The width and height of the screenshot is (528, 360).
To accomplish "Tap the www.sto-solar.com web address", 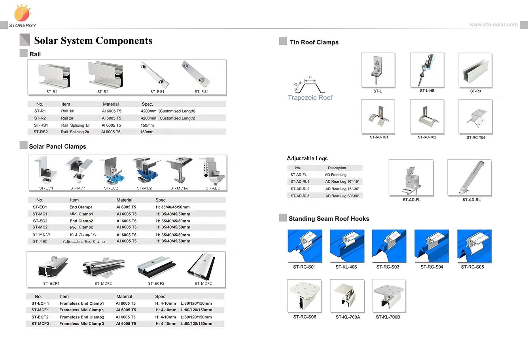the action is (493, 25).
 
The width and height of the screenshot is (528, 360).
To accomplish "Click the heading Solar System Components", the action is (93, 41).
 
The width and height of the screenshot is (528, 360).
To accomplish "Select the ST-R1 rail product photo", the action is (54, 76).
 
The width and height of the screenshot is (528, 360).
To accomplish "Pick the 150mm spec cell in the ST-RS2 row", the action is (147, 132).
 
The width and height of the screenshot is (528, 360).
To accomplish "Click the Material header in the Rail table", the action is (111, 104).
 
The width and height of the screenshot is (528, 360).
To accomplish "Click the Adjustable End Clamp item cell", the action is (84, 241).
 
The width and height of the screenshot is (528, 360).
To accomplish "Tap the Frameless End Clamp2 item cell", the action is (82, 317).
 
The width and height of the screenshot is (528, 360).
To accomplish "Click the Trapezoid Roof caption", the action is (310, 98).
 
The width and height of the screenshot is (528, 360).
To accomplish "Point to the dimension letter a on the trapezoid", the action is (310, 77).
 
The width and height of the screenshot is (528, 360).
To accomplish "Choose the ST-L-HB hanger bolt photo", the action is (427, 70).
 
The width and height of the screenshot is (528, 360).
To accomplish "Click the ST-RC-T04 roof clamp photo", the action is (475, 117).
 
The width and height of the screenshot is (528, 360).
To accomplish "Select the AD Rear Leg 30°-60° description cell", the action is (342, 196).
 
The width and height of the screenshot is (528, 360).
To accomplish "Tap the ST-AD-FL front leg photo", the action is (411, 178).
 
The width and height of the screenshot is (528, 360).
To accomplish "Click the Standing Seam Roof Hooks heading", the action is (329, 219).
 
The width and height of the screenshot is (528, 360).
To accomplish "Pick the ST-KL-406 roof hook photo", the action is (347, 246).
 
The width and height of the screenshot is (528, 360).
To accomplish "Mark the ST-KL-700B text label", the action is (388, 317).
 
